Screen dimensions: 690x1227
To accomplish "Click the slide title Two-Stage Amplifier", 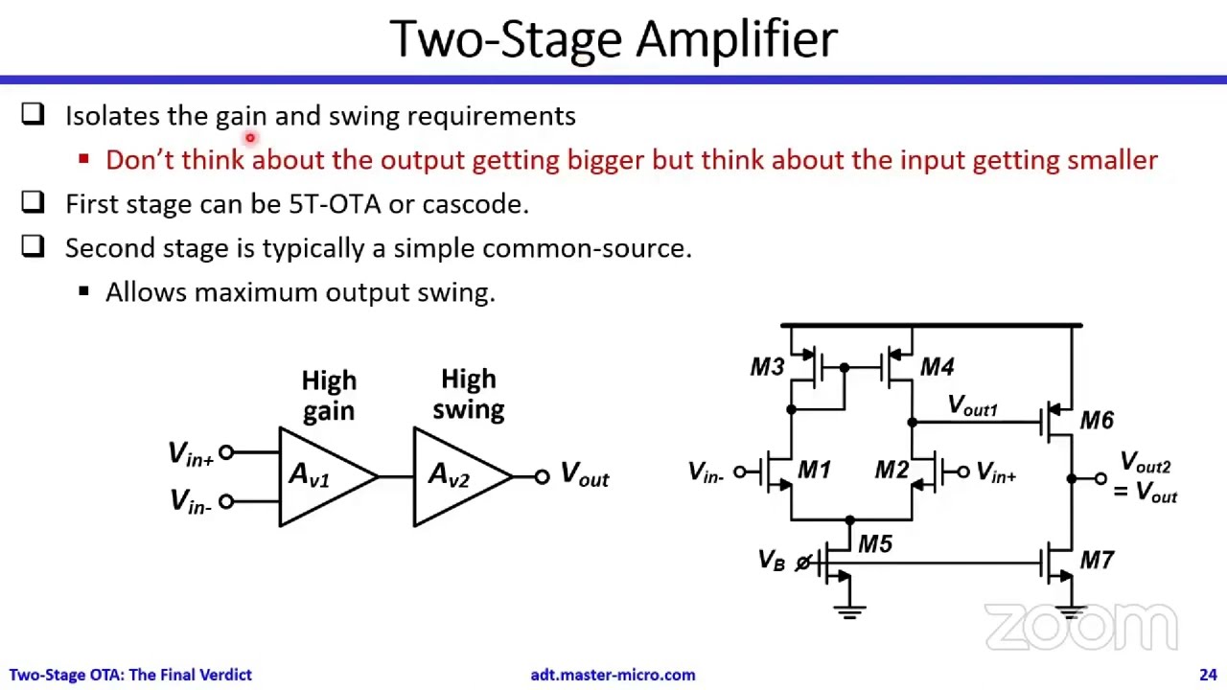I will tap(613, 39).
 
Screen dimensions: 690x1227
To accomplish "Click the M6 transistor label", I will tap(1096, 421).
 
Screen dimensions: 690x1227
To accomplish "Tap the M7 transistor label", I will tap(1096, 560).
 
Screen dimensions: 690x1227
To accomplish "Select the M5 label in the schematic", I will tap(874, 544).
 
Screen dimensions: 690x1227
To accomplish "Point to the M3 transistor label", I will tap(767, 367).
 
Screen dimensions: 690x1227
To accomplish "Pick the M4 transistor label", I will tap(937, 367).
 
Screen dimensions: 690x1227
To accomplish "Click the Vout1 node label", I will tap(972, 406).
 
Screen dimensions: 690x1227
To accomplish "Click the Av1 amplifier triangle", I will tap(321, 476).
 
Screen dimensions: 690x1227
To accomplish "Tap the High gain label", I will tap(329, 395).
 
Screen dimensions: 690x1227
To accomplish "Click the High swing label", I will tap(468, 394).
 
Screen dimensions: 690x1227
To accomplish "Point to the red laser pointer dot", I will tap(250, 139).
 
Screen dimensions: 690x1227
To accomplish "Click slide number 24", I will tap(1207, 675).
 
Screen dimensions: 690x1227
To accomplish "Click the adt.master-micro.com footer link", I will tap(613, 675).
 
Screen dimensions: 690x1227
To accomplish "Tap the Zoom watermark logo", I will tap(1080, 629).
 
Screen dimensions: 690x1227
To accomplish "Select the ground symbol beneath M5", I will tap(848, 609).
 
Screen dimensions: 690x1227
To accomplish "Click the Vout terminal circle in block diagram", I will tap(542, 476).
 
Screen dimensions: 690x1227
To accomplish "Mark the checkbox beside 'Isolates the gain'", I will tap(33, 115).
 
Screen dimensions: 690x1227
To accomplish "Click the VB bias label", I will tap(771, 560).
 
